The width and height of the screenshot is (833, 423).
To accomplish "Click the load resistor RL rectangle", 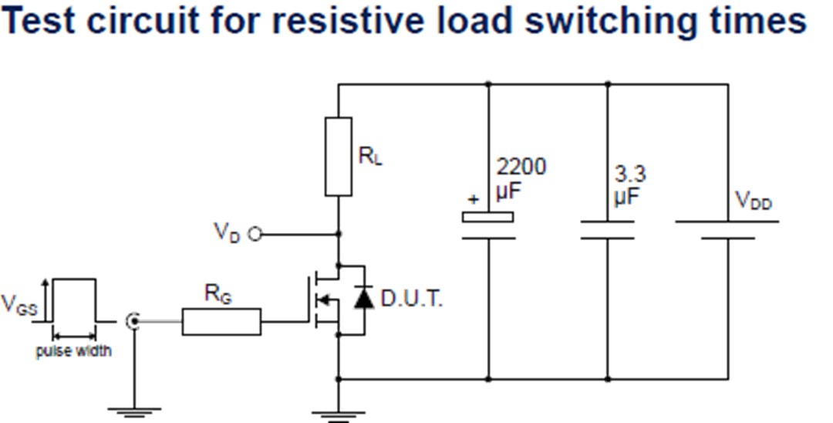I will point(338,157).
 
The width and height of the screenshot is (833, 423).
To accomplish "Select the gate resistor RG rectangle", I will point(221,321).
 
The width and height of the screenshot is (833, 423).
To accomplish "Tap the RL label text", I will point(370,157).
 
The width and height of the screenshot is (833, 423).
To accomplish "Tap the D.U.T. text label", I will point(412,299).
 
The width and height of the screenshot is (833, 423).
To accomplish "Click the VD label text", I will point(228,232).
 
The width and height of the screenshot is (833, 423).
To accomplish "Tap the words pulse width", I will point(74,351).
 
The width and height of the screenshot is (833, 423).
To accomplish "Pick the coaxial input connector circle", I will point(133,320).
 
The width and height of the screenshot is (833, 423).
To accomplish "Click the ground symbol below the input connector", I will point(133,411).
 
